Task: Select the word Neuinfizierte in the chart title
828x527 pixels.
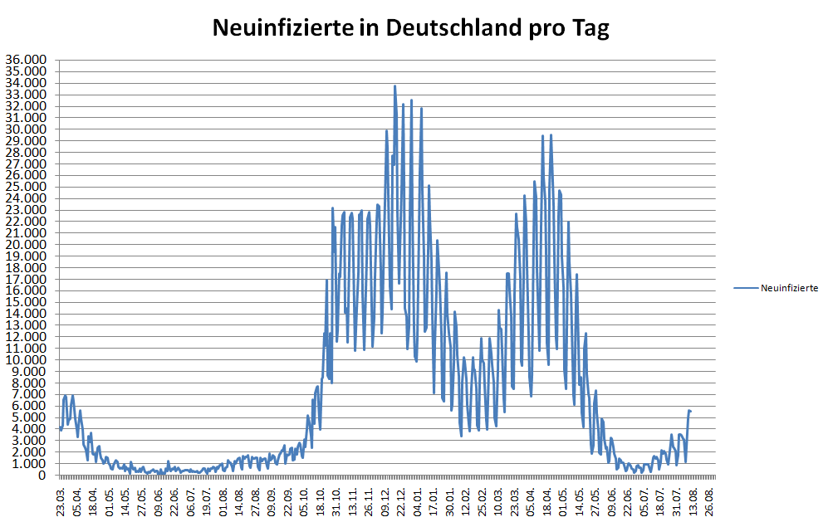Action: coord(284,28)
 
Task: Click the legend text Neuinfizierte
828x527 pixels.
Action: coord(790,288)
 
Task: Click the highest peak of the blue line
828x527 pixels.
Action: coord(394,85)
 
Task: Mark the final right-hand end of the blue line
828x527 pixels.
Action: coord(690,412)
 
